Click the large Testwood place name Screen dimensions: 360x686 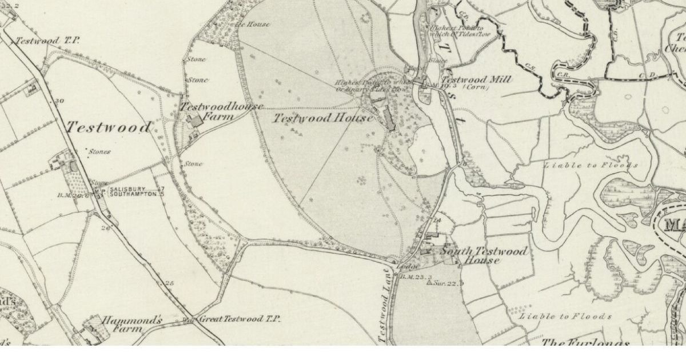109,127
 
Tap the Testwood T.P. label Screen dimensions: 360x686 47,41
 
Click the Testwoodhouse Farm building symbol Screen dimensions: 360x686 196,120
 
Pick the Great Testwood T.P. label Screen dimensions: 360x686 239,318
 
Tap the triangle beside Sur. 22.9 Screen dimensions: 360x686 430,283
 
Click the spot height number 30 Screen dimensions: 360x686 59,101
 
